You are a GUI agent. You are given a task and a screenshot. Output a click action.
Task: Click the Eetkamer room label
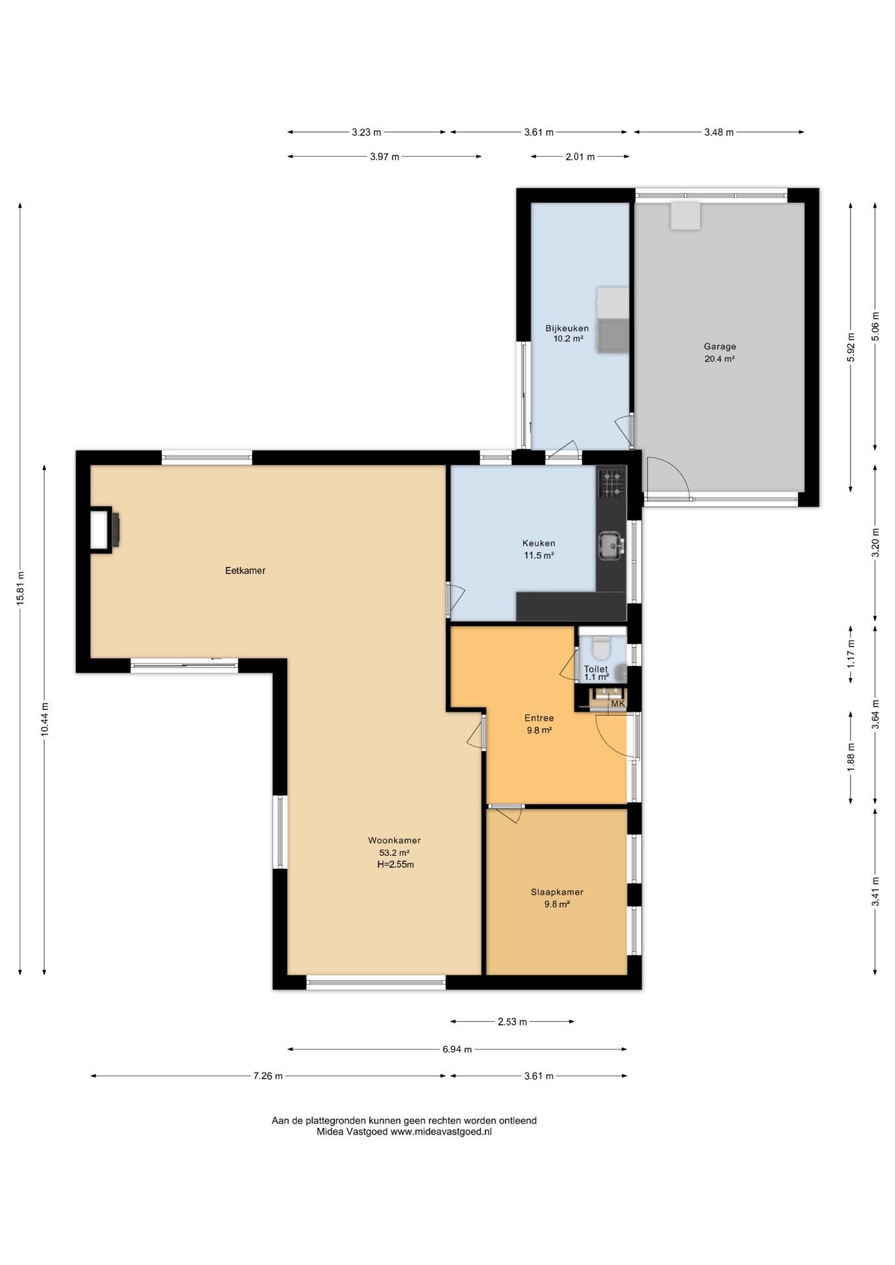point(245,571)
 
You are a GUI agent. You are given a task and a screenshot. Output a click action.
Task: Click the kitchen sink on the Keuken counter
point(611,545)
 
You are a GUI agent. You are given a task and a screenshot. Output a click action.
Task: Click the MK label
point(618,704)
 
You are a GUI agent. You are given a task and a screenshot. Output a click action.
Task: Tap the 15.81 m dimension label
point(20,588)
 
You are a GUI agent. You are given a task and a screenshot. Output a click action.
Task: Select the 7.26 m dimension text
point(268,1076)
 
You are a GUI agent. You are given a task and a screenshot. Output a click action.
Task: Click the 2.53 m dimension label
point(512,1022)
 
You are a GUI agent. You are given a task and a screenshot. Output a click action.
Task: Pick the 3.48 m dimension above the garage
point(718,132)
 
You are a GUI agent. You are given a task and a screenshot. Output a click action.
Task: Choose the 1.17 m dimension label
point(851,654)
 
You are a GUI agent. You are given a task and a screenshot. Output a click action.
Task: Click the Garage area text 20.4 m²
point(720,359)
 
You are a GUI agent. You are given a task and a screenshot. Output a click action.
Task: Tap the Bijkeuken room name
point(567,328)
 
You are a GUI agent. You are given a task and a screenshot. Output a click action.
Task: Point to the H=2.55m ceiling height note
point(395,864)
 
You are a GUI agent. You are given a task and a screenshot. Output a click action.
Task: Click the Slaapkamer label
point(557,892)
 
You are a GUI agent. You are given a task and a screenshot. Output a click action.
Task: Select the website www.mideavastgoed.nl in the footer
point(441,1132)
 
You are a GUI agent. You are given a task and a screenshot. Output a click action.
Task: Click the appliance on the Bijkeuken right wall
point(613,320)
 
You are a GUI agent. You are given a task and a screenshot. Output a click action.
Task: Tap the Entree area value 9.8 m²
point(539,730)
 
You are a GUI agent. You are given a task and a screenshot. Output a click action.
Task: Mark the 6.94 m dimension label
point(457,1049)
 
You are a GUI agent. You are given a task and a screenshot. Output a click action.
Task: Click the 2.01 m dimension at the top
point(580,157)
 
